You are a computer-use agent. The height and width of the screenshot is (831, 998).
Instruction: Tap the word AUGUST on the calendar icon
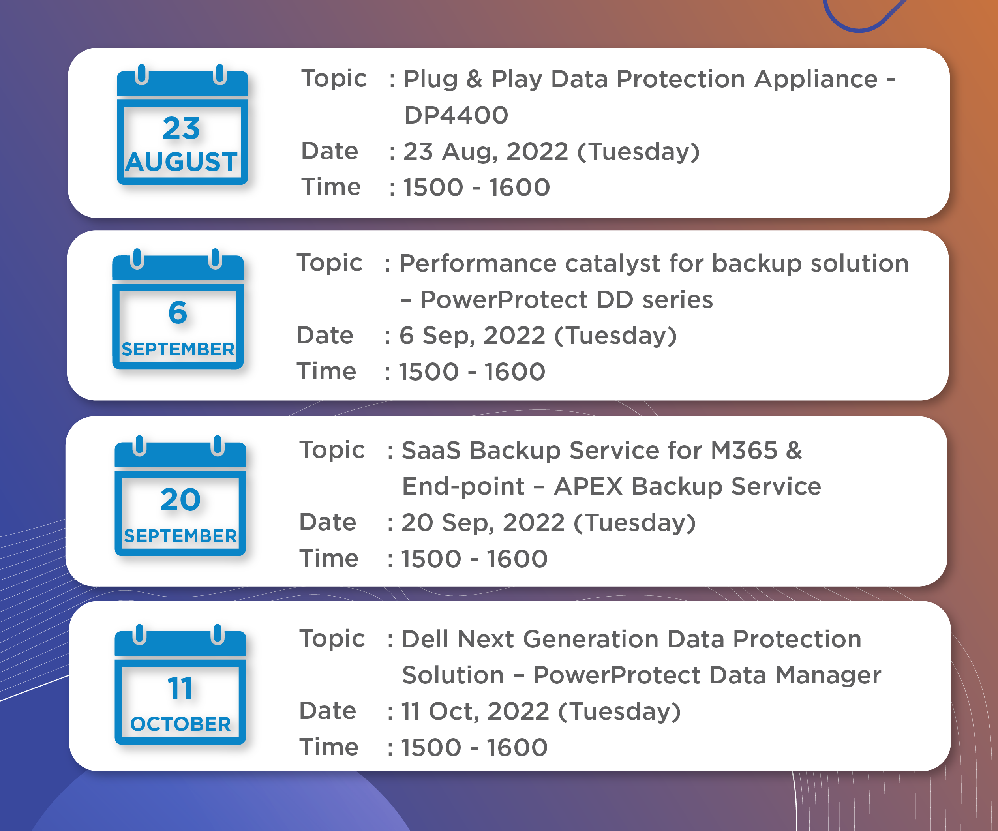[181, 162]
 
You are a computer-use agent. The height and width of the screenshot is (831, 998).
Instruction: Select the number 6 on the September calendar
[178, 312]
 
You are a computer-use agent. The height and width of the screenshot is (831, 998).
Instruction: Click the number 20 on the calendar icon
[180, 499]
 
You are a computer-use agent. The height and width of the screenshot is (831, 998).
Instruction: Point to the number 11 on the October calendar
[180, 688]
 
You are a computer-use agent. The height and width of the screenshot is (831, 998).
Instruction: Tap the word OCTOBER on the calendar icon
[180, 724]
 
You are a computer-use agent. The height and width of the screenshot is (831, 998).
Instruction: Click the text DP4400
[456, 115]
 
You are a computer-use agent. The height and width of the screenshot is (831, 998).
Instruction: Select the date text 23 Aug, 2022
[486, 152]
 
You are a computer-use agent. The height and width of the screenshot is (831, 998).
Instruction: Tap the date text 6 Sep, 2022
[473, 336]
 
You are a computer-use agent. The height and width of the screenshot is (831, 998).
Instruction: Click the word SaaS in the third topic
[431, 450]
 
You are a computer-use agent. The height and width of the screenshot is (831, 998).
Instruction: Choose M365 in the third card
[744, 450]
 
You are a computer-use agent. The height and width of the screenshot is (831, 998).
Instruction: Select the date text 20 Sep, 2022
[483, 523]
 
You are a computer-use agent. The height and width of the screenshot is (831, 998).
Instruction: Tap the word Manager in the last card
[828, 675]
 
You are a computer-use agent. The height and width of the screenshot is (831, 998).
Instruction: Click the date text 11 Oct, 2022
[476, 712]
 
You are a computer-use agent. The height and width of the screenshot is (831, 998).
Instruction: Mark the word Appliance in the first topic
[816, 79]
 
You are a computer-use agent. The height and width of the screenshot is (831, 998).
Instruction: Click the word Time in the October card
[328, 747]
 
